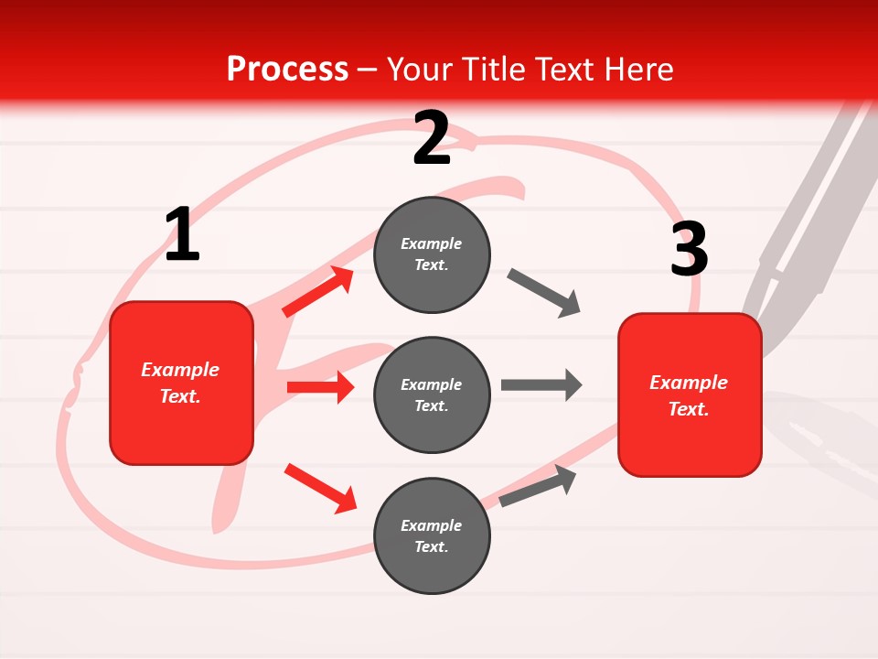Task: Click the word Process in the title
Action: pos(287,69)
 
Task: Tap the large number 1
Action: pos(182,235)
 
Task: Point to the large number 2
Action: pos(432,138)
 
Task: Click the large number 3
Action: pos(689,249)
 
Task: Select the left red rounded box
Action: pos(181,383)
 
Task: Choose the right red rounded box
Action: pos(690,395)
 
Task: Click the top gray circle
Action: pos(432,254)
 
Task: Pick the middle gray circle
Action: pos(432,395)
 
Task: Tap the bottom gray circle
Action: pos(432,536)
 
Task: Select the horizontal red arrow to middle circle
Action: pos(320,387)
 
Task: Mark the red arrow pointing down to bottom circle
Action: pos(320,487)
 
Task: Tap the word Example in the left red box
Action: pos(180,370)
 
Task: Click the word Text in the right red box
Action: pos(688,409)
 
